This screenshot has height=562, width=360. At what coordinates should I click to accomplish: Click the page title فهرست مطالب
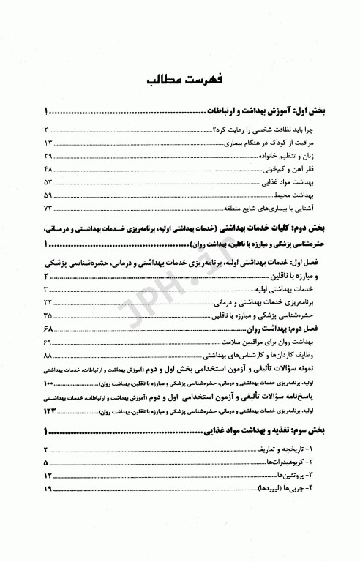click(180, 78)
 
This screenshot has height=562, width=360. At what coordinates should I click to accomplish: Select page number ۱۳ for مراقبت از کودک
click(48, 142)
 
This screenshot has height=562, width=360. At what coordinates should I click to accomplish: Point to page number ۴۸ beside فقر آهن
click(48, 172)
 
